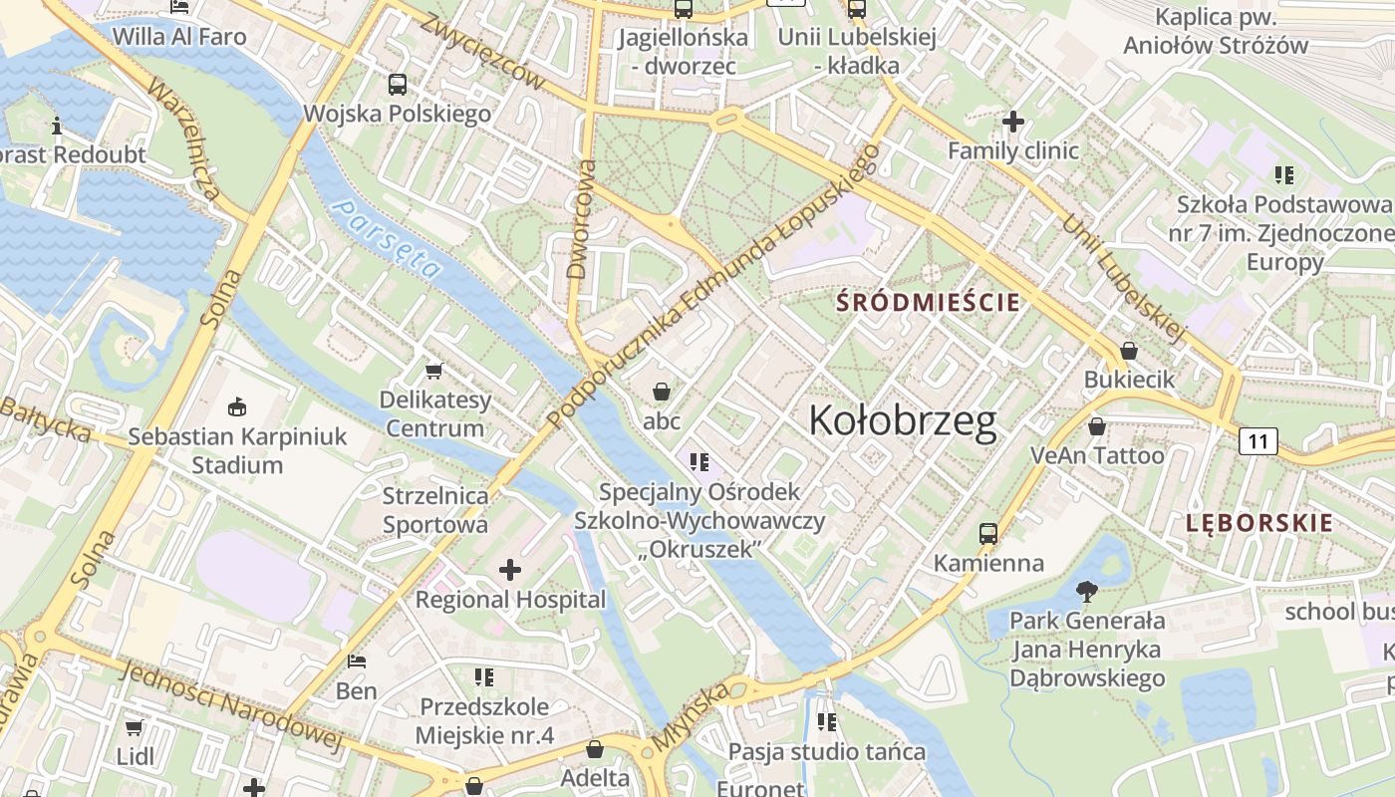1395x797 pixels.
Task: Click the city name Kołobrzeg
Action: coord(902,421)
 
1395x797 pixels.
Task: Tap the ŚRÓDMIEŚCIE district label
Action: coord(928,301)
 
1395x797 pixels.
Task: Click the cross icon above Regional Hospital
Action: coord(510,570)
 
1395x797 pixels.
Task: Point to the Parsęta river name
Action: coord(388,238)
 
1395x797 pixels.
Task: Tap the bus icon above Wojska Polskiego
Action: coord(398,85)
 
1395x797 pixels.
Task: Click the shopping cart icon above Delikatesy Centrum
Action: coord(433,371)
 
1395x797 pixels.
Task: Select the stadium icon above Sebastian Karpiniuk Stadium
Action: coord(237,406)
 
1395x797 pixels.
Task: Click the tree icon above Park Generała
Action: coord(1087,592)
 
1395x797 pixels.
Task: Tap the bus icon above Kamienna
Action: coord(988,533)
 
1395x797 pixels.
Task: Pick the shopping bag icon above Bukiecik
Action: coord(1129,351)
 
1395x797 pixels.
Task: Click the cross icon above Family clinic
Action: coord(1013,123)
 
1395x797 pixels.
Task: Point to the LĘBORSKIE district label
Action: coord(1259,523)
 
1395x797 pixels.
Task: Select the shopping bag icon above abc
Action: coord(661,392)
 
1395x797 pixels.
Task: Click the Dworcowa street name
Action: coord(582,218)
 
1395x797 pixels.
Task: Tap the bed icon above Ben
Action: coord(357,662)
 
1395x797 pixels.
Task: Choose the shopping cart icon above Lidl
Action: coord(135,727)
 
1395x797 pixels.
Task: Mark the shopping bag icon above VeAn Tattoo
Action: coord(1097,426)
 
